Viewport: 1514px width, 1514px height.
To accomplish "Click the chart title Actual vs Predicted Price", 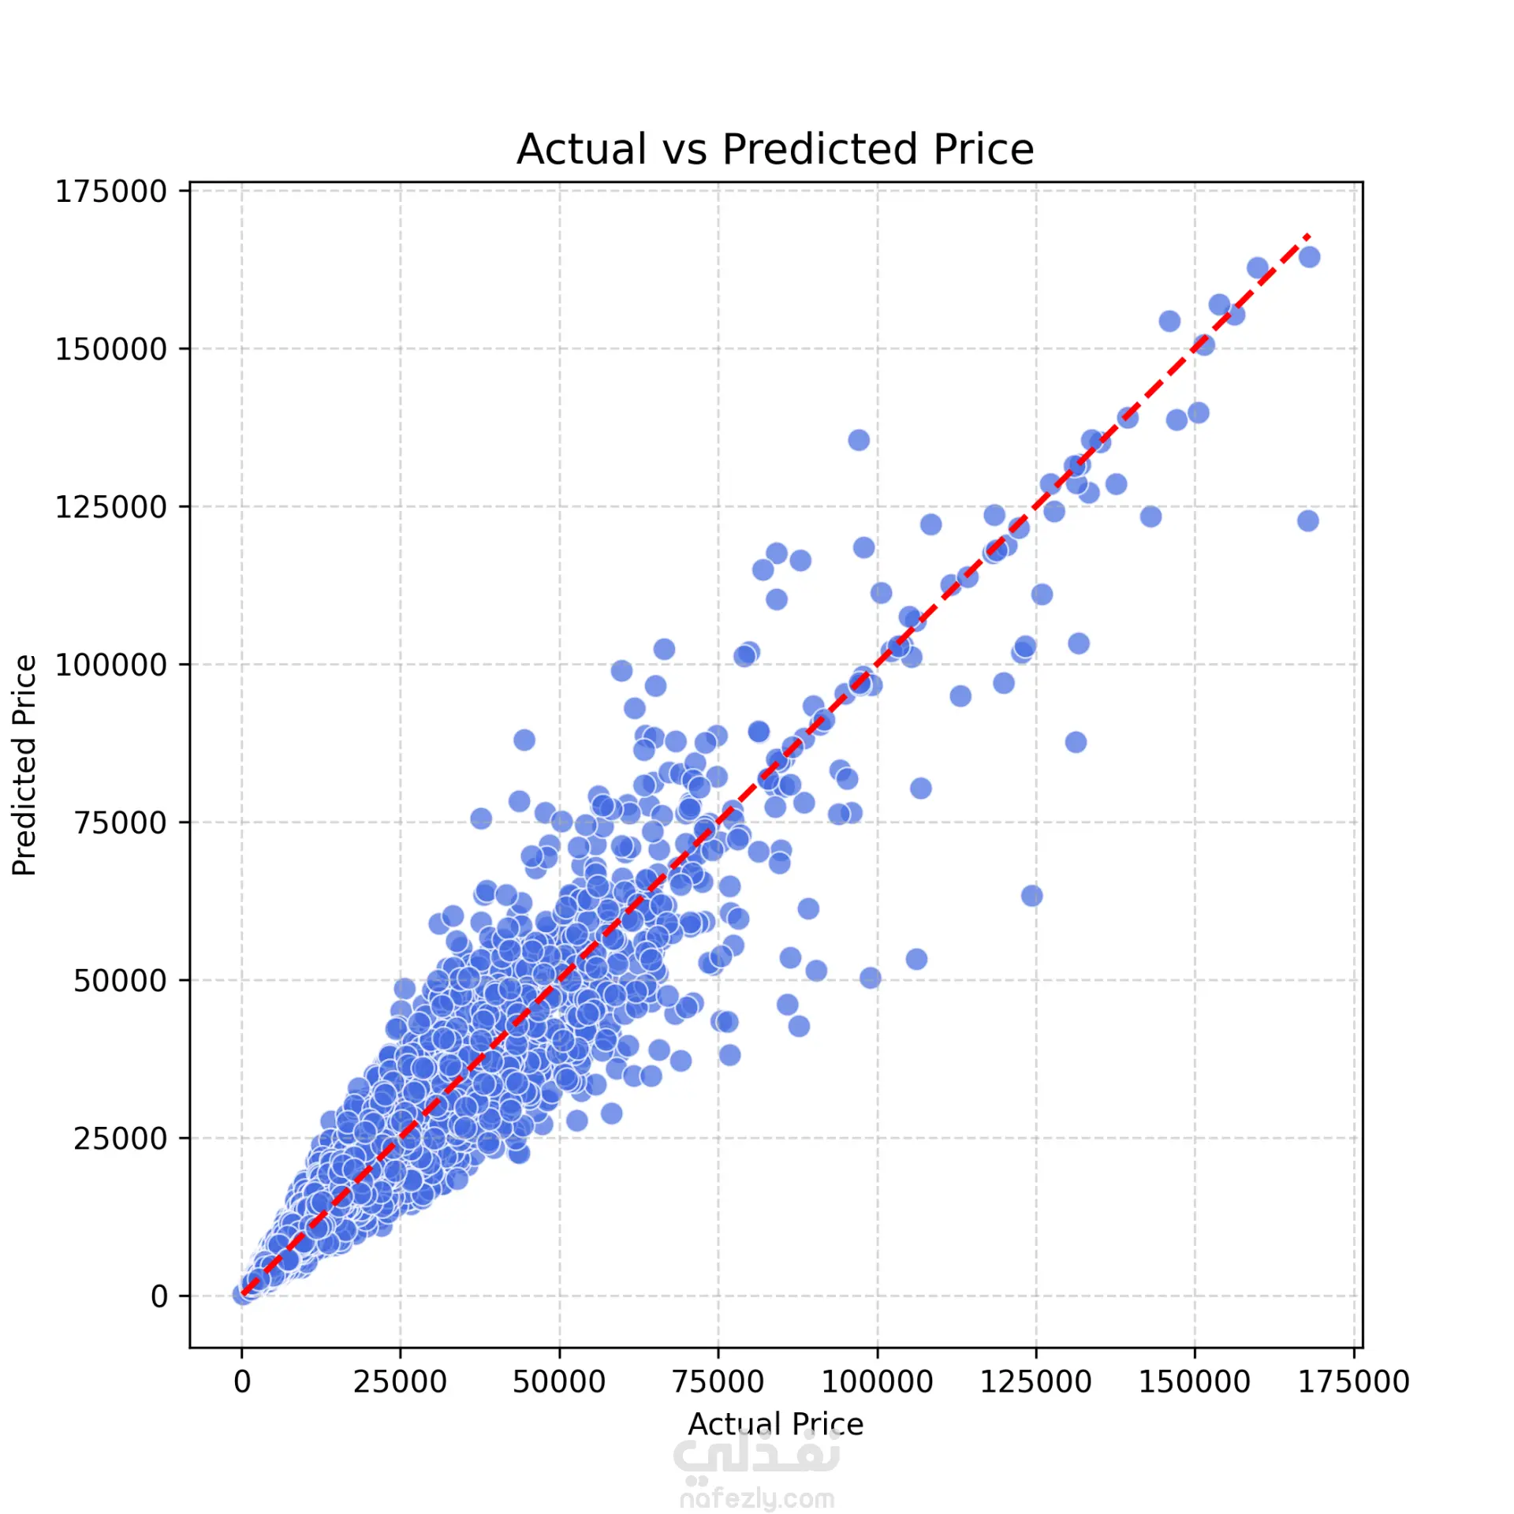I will click(774, 149).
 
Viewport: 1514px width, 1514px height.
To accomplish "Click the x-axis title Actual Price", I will click(775, 1424).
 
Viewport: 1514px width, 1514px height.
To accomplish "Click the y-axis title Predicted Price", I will click(24, 765).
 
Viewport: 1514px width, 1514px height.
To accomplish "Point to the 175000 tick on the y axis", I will click(110, 192).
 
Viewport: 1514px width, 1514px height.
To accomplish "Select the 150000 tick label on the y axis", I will click(110, 349).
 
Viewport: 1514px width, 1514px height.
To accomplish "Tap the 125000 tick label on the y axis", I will click(110, 507).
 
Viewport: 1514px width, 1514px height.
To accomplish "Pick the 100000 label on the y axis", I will click(110, 665).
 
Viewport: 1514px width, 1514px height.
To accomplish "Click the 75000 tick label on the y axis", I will click(120, 822).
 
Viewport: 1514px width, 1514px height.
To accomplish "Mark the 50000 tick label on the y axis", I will click(120, 981).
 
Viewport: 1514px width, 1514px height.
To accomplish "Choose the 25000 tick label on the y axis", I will click(120, 1139).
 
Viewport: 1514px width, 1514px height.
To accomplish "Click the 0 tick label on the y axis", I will click(159, 1296).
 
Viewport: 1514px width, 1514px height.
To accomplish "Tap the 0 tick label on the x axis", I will click(242, 1382).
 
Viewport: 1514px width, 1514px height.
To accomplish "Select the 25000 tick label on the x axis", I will click(400, 1382).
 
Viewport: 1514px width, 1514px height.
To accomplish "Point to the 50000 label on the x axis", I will click(559, 1382).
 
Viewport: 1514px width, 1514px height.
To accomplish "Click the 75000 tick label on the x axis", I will click(718, 1382).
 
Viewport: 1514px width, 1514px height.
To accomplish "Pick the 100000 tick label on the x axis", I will click(877, 1382).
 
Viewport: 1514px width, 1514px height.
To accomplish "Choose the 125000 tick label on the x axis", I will click(1035, 1382).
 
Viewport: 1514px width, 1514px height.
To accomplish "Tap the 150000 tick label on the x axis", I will click(1194, 1382).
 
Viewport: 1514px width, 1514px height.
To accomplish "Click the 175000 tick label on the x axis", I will click(1353, 1382).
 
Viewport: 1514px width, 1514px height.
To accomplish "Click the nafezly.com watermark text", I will click(757, 1497).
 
